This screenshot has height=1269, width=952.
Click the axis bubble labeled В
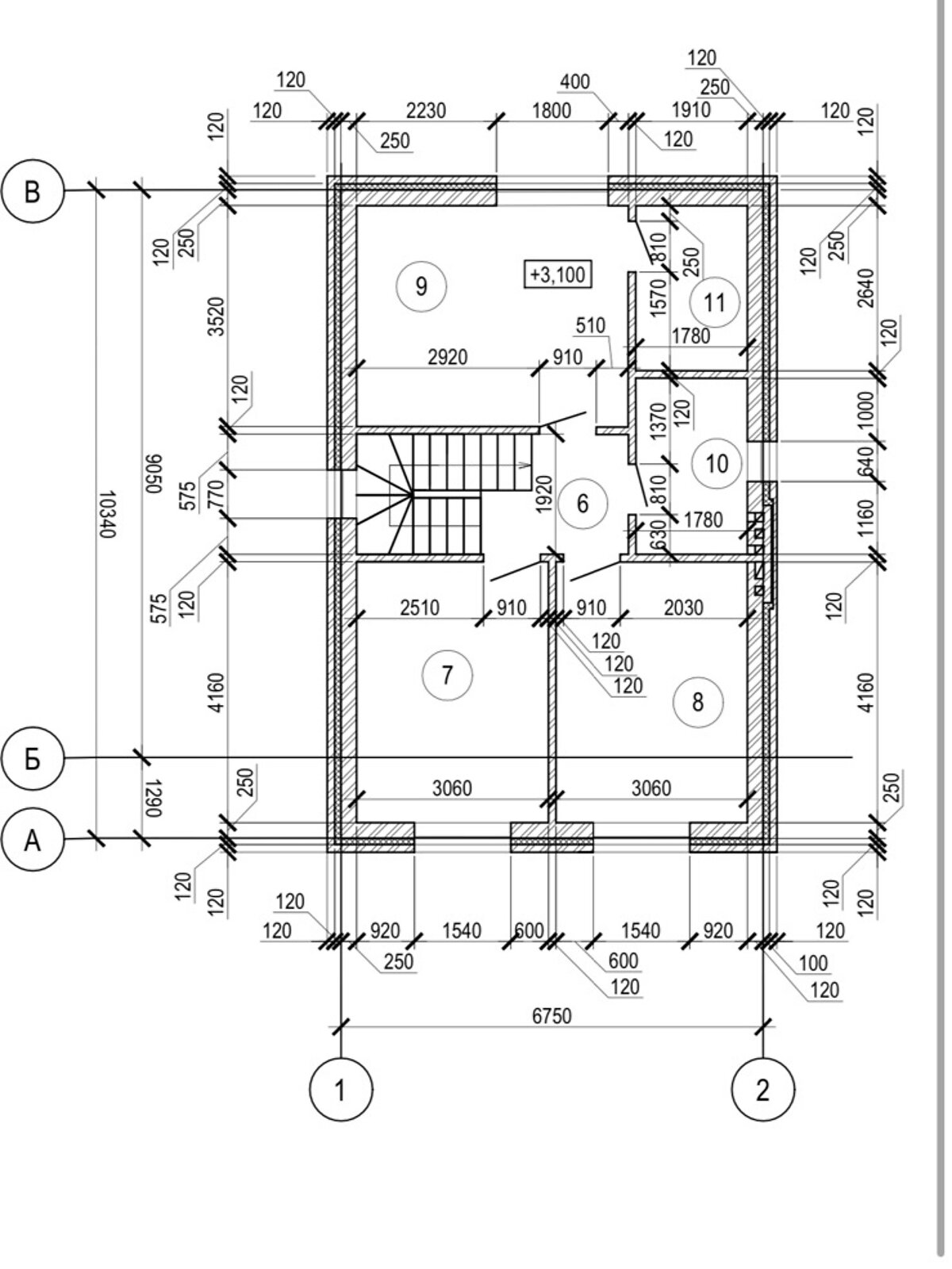(32, 191)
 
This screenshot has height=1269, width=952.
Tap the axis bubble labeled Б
(32, 760)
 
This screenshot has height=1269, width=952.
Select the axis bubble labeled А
(32, 840)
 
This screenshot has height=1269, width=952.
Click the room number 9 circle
(420, 285)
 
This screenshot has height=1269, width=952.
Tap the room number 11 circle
(715, 302)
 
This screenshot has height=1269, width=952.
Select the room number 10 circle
(716, 462)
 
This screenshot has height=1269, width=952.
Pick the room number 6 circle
(583, 503)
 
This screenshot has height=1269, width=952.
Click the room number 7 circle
(447, 676)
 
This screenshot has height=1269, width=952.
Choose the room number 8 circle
(697, 701)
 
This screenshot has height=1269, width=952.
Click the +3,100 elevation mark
(558, 274)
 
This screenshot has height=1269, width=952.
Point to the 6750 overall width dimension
(551, 1016)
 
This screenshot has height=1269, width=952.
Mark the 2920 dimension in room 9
(447, 358)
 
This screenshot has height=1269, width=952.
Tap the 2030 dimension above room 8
(683, 608)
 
